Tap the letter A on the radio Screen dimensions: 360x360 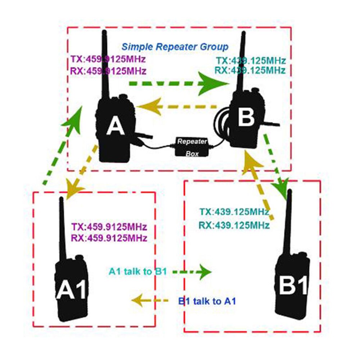coord(115,127)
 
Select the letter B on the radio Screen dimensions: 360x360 coord(246,117)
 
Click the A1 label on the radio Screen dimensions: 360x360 coord(71,290)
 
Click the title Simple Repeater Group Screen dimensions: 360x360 coord(175,47)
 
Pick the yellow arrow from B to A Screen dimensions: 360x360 coord(176,106)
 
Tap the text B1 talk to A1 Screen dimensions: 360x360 coord(207,301)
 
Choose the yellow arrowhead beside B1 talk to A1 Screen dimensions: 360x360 coord(138,300)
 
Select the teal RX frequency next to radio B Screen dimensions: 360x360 coord(250,70)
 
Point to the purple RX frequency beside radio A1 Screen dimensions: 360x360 coord(109,238)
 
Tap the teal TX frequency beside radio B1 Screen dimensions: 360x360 coord(234,212)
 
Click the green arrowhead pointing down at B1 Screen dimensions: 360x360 coord(282,190)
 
